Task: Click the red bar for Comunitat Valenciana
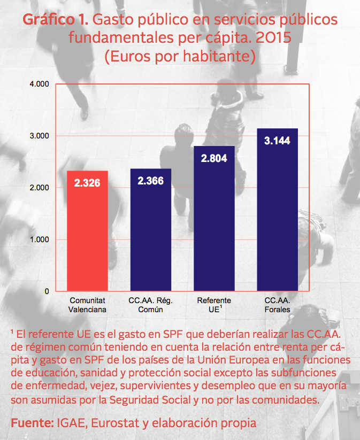pyautogui.click(x=87, y=231)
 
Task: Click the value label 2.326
pyautogui.click(x=87, y=183)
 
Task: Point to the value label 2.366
pyautogui.click(x=150, y=181)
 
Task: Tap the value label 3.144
pyautogui.click(x=277, y=141)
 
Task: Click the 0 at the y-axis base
pyautogui.click(x=47, y=291)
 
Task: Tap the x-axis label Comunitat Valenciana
pyautogui.click(x=87, y=305)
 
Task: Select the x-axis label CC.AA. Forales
pyautogui.click(x=277, y=305)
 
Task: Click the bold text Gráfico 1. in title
pyautogui.click(x=56, y=20)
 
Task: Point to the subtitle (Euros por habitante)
pyautogui.click(x=180, y=56)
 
